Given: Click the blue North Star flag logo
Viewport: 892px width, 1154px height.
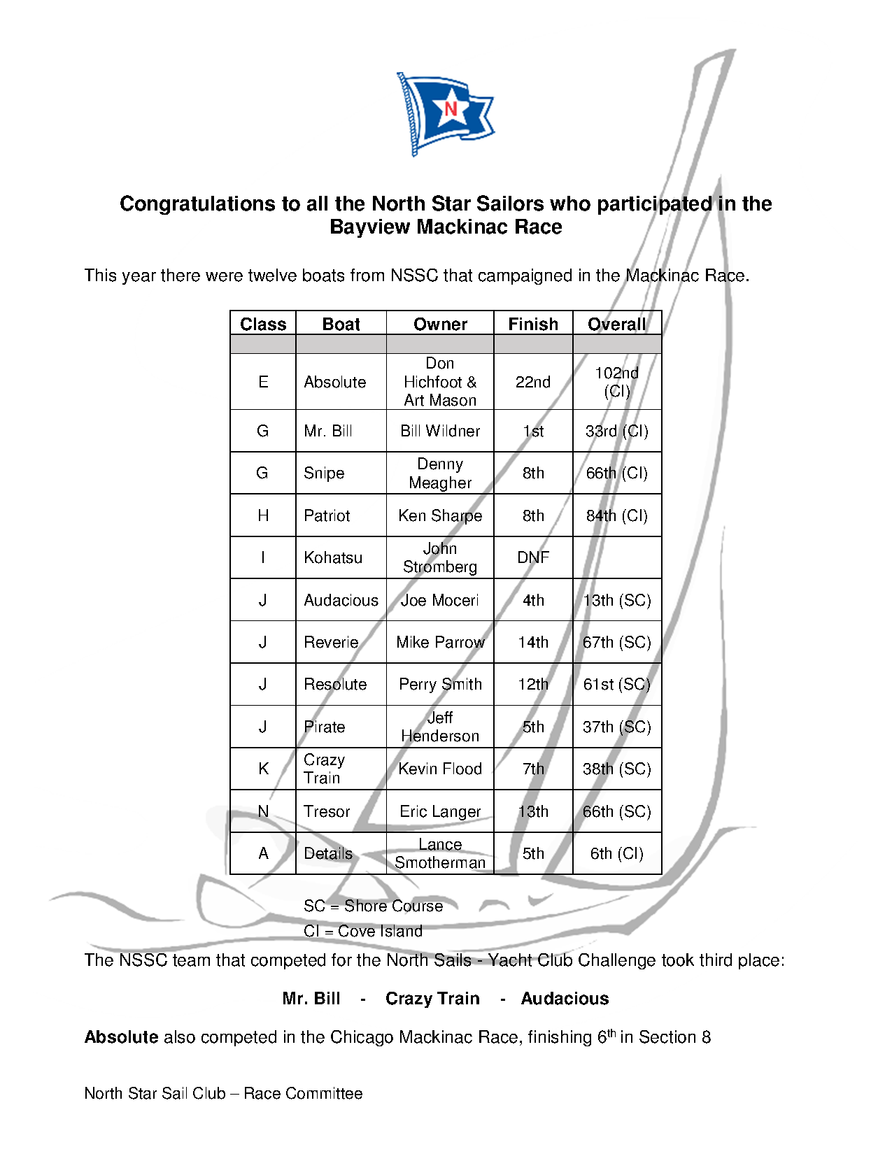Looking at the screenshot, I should point(446,113).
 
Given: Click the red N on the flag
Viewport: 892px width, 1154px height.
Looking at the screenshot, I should point(451,108).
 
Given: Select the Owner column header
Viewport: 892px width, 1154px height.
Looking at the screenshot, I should point(440,324).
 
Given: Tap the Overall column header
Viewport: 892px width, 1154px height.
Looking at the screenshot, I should point(616,324).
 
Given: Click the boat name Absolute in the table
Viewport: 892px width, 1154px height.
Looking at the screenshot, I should point(335,382).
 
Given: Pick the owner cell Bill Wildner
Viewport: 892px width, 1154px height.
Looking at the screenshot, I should point(440,431).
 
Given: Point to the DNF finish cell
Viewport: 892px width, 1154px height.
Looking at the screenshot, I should point(533,557).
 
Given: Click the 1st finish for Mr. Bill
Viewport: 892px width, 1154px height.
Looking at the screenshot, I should point(533,431).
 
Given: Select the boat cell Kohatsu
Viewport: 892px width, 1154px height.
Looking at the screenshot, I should point(333,557).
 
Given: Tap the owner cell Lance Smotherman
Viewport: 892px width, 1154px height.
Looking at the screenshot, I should point(440,853).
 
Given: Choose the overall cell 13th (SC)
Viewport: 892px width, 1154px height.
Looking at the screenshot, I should point(616,600).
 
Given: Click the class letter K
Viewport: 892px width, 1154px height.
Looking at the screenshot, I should point(263,769).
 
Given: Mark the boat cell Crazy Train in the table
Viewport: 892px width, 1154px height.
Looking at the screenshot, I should point(324,769).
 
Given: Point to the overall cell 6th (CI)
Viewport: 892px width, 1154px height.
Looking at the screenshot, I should point(616,853).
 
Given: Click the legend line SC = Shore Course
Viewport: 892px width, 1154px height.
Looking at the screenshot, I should point(373,906).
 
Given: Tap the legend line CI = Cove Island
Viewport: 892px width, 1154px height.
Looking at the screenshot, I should point(363,931).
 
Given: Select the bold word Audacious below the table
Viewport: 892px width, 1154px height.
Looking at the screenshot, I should point(565,998).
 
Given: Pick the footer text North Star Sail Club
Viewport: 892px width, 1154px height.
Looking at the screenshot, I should point(155,1093).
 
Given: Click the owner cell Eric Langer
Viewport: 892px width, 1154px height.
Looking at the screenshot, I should point(440,811).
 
